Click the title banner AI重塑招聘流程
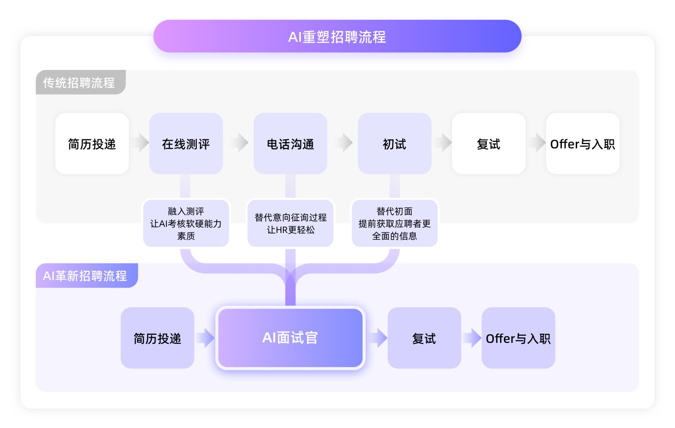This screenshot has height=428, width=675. [x=337, y=36]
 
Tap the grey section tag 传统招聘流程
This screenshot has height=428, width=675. [x=79, y=83]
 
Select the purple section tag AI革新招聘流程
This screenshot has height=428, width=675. [x=86, y=276]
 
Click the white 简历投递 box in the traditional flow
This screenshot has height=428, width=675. [x=92, y=144]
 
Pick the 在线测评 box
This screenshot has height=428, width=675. [x=186, y=144]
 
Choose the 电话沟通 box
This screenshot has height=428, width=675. [x=290, y=144]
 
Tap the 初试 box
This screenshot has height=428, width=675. [x=395, y=144]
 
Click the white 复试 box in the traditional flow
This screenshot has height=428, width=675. [x=489, y=144]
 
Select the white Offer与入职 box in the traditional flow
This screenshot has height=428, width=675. [x=582, y=144]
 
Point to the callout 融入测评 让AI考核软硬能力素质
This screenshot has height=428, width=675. [x=186, y=224]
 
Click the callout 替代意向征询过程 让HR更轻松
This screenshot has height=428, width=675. [x=290, y=224]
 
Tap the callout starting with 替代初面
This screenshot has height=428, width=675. [x=395, y=224]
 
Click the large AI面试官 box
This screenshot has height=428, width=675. [x=290, y=338]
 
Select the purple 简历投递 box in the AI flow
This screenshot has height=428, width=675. [x=157, y=338]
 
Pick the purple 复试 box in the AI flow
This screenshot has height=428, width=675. [x=424, y=338]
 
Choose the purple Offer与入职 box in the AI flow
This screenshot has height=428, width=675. [x=518, y=338]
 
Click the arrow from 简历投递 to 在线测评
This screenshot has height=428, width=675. [x=140, y=142]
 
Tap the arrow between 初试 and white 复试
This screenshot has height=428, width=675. [x=443, y=142]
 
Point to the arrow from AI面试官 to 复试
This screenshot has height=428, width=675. [x=377, y=338]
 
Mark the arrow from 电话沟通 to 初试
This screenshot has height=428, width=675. [x=344, y=142]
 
